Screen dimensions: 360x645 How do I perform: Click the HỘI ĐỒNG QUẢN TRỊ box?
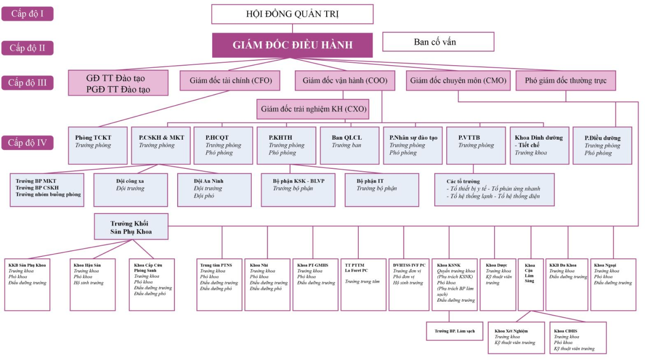pos(292,14)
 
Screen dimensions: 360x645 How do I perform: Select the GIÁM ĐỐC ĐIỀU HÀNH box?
pos(292,45)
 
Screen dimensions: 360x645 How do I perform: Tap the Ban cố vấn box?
pos(438,42)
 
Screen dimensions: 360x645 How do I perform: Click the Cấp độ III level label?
pos(27,83)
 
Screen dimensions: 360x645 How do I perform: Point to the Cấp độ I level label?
pos(27,14)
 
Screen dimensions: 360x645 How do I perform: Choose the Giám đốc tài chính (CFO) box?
pos(230,81)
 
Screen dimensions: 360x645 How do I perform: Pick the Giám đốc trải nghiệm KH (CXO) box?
pos(313,109)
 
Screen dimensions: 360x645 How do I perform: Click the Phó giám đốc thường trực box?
pos(566,81)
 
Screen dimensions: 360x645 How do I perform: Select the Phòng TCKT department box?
pos(98,145)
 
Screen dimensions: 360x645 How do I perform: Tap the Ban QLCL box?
pos(350,145)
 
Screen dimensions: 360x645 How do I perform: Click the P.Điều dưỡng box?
pos(602,145)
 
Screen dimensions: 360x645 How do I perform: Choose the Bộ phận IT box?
pos(382,190)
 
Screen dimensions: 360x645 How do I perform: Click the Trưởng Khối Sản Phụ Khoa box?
pos(131,227)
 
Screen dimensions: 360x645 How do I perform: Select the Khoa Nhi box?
pos(267,285)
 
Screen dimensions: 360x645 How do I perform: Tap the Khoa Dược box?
pos(498,285)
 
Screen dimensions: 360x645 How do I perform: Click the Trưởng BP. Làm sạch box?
pos(455,331)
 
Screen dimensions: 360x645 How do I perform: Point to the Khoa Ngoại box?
pos(613,285)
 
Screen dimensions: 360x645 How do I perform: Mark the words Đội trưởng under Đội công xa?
pos(130,189)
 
